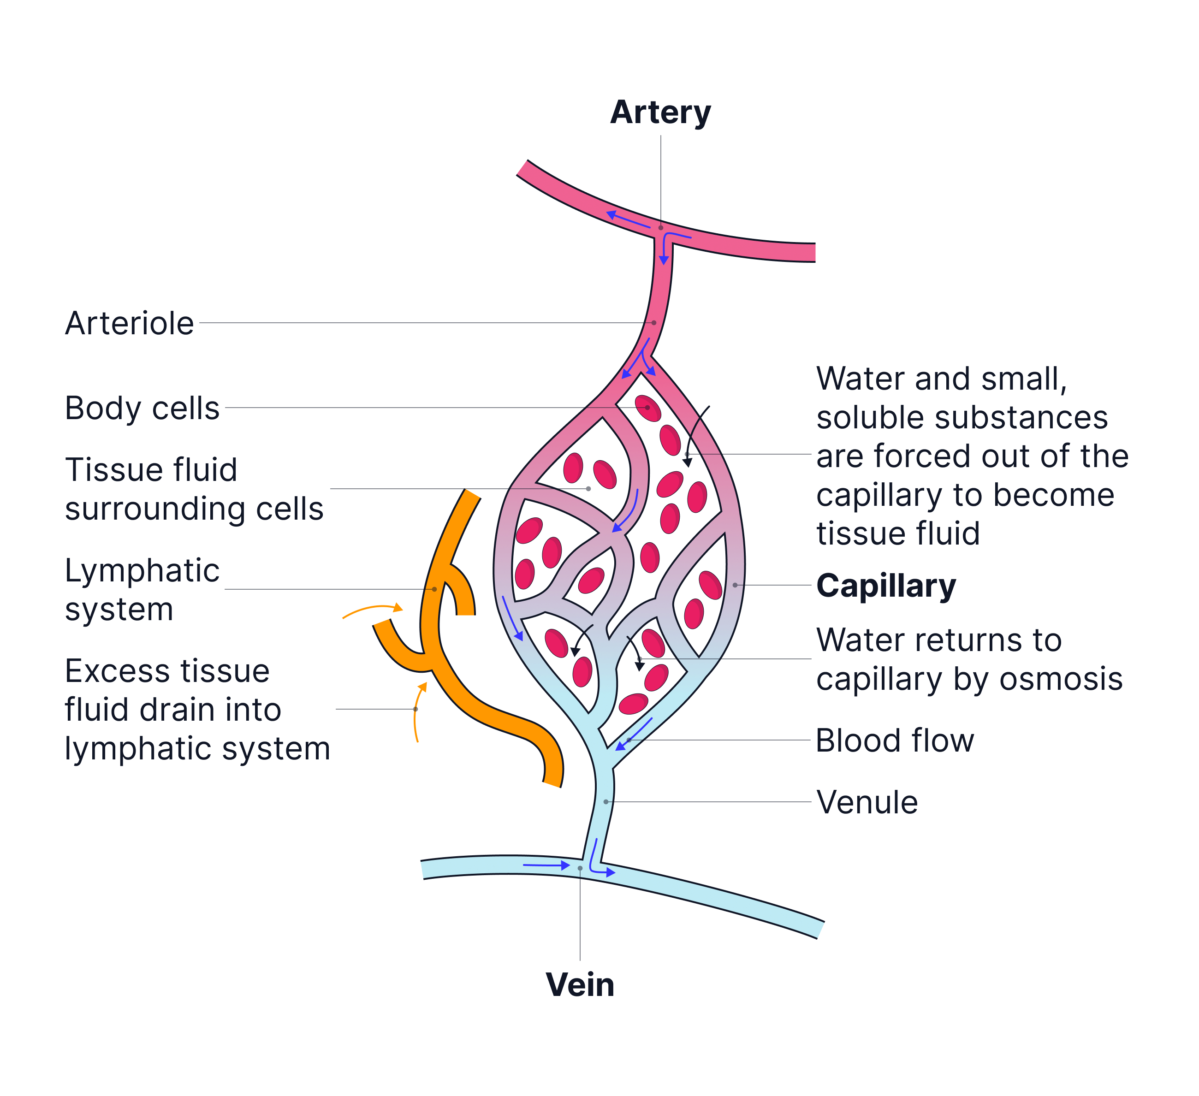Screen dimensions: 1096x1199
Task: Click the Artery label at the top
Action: pyautogui.click(x=660, y=113)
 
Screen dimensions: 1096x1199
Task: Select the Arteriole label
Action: pyautogui.click(x=129, y=324)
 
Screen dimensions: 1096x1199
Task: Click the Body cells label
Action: pyautogui.click(x=142, y=409)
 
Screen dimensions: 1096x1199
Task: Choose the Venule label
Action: pyautogui.click(x=867, y=802)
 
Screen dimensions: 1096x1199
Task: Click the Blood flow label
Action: pyautogui.click(x=895, y=741)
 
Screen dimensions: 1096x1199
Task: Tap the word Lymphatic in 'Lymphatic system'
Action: pyautogui.click(x=142, y=571)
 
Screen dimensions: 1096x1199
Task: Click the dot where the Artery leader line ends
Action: pyautogui.click(x=661, y=228)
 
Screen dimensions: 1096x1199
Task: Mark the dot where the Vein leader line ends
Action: pyautogui.click(x=580, y=868)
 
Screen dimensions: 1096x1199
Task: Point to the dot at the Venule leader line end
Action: pyautogui.click(x=606, y=802)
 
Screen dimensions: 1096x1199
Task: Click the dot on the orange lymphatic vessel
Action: pyautogui.click(x=434, y=589)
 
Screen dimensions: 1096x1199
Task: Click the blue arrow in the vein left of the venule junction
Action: pyautogui.click(x=546, y=865)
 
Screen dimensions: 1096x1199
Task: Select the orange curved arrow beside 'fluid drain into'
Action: pyautogui.click(x=419, y=711)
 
